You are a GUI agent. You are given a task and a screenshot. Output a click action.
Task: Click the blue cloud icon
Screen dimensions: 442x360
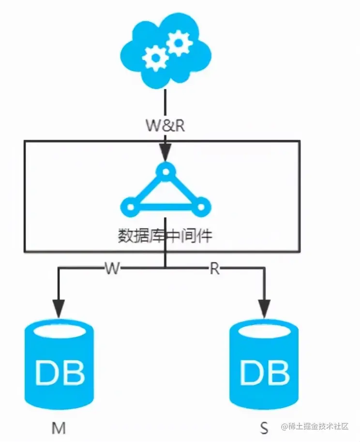coord(165,51)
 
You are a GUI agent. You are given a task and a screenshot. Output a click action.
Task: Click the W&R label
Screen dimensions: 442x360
coord(165,125)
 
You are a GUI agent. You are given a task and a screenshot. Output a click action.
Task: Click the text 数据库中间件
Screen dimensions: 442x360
coord(165,236)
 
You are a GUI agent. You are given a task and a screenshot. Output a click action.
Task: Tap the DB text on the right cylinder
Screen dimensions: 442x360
coord(264,372)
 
